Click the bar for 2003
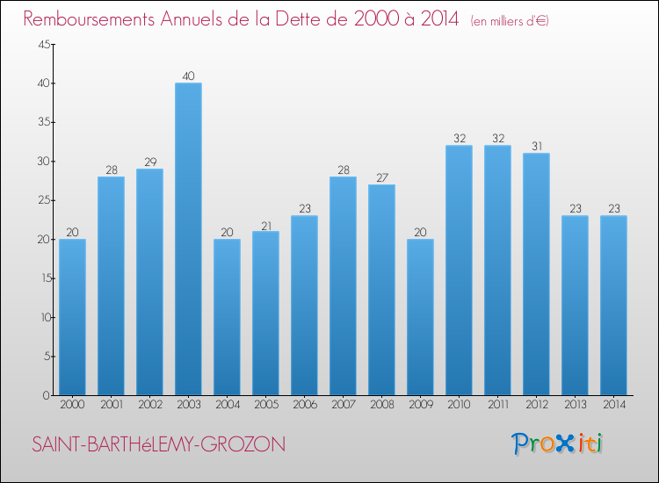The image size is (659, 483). coord(188,239)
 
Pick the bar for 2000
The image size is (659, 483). coord(72,317)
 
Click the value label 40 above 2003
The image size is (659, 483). coord(188,76)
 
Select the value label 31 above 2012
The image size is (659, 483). coord(536,146)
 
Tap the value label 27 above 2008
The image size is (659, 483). coord(381,177)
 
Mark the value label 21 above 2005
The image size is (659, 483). coord(265,224)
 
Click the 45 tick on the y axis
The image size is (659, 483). coord(43,45)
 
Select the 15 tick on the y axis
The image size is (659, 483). coord(43,278)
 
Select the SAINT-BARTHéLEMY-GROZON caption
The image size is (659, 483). coord(158,445)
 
